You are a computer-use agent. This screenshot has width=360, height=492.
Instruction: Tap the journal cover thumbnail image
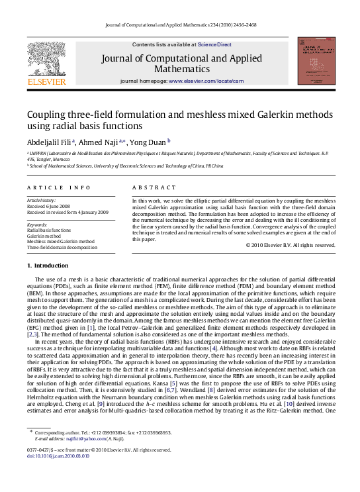point(313,61)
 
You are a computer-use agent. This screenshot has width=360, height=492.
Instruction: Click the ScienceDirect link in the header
point(214,44)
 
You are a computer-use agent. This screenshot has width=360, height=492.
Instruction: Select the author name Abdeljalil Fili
point(50,141)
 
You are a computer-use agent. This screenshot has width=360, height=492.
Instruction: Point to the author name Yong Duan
point(150,141)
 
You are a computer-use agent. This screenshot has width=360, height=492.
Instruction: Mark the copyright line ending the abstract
point(291,245)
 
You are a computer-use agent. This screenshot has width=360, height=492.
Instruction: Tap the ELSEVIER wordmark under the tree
point(46,81)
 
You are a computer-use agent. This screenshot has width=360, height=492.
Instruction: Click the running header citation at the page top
point(181,25)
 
